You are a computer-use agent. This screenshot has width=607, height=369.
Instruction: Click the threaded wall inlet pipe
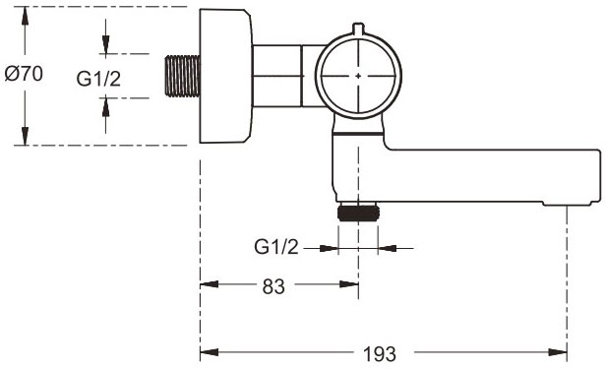click(x=180, y=75)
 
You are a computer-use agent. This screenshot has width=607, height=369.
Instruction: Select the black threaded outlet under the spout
click(x=357, y=214)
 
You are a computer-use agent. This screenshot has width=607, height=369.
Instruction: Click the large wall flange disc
click(x=225, y=75)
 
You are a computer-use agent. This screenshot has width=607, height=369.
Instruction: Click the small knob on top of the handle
click(x=358, y=28)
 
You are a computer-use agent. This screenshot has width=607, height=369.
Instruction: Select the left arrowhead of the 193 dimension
click(x=207, y=351)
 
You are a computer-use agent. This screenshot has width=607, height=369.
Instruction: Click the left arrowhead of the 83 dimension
click(x=207, y=286)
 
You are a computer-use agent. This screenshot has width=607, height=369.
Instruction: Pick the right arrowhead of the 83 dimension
click(x=351, y=286)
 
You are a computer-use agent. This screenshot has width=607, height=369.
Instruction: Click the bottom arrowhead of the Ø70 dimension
click(x=24, y=139)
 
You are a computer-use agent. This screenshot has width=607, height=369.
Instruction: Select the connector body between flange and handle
click(x=284, y=75)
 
